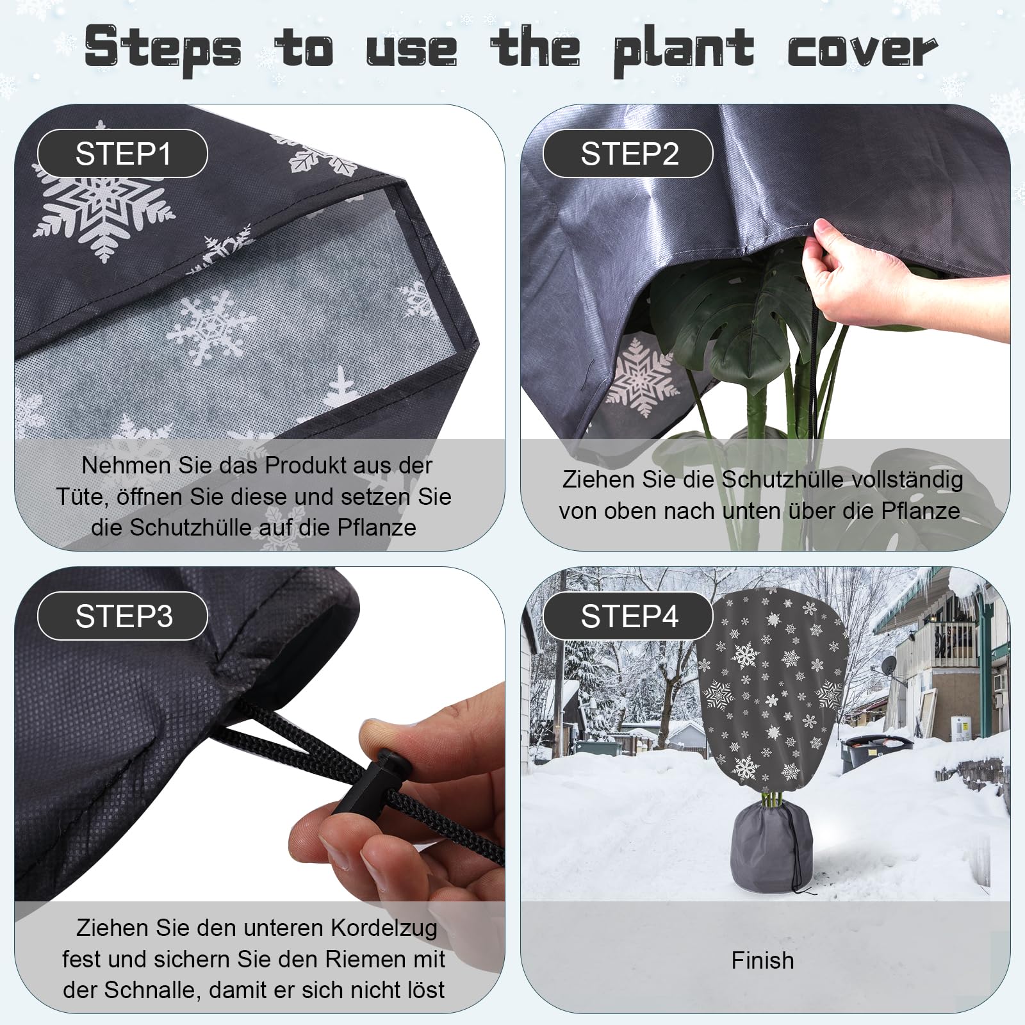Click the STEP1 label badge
[122, 154]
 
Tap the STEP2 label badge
[628, 154]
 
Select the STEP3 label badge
[122, 616]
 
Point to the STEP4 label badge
[628, 616]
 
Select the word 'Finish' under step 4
[762, 960]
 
